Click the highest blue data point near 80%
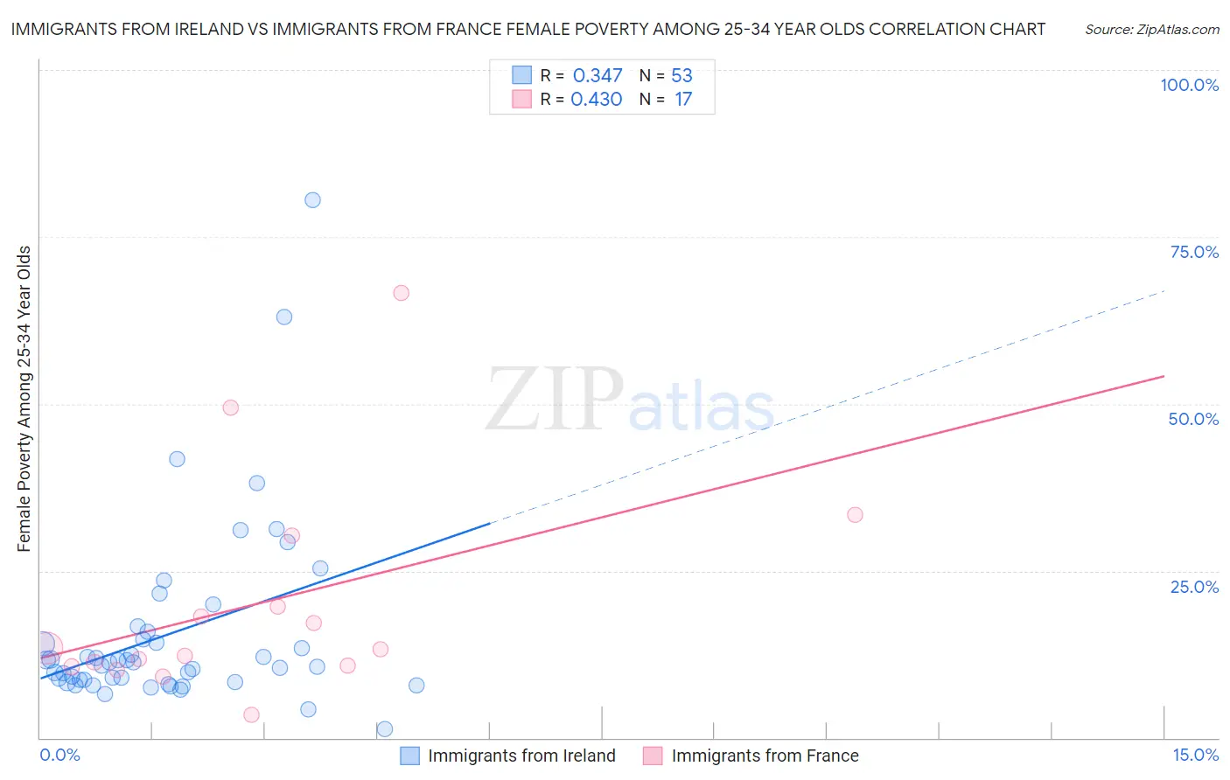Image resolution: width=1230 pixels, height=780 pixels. click(x=312, y=200)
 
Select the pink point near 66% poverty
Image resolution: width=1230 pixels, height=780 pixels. click(x=402, y=293)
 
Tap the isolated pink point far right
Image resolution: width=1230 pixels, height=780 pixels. click(x=856, y=515)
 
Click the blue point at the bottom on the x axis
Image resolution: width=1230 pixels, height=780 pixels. click(x=385, y=729)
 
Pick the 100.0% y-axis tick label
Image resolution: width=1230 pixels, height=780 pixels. click(x=1189, y=85)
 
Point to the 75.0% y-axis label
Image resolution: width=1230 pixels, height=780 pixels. click(x=1194, y=252)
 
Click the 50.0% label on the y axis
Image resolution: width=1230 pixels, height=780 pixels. click(x=1193, y=419)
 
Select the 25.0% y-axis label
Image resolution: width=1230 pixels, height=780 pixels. click(x=1194, y=587)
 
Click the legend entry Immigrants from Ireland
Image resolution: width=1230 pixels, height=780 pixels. click(x=521, y=756)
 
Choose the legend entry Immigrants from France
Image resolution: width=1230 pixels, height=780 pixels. click(x=765, y=756)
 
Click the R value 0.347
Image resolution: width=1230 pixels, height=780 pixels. click(x=598, y=76)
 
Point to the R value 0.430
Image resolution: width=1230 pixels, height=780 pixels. click(x=597, y=100)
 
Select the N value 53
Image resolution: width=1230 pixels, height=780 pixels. click(x=681, y=76)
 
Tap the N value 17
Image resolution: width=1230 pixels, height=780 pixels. click(x=682, y=100)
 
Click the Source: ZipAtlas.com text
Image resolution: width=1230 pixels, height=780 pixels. click(x=1152, y=30)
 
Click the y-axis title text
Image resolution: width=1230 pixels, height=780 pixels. click(x=24, y=399)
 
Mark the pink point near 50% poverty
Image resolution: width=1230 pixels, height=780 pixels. click(x=231, y=407)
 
